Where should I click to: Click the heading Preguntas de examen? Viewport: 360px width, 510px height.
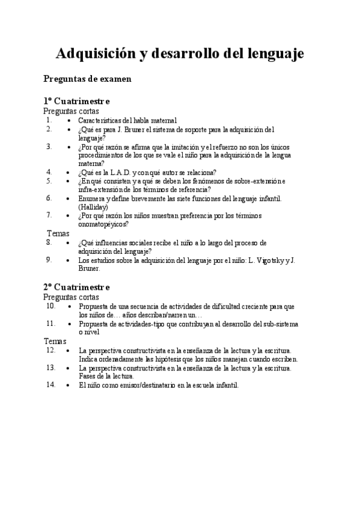pyautogui.click(x=88, y=79)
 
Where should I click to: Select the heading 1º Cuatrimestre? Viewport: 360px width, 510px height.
pyautogui.click(x=76, y=101)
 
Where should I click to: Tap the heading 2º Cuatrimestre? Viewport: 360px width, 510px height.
pyautogui.click(x=76, y=287)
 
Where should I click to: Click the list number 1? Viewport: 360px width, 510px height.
pyautogui.click(x=49, y=120)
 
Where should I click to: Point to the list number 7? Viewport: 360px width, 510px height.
pyautogui.click(x=49, y=215)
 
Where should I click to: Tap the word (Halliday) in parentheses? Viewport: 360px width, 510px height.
pyautogui.click(x=93, y=207)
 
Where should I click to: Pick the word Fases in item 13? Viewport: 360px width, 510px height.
pyautogui.click(x=88, y=376)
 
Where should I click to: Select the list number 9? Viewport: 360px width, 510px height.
pyautogui.click(x=49, y=260)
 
